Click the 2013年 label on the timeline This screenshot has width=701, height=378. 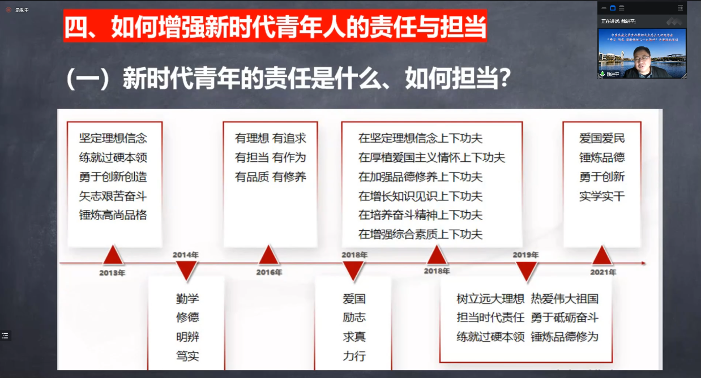[x=112, y=273]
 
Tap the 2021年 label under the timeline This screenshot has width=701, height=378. [x=603, y=272]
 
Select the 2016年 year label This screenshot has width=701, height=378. [x=269, y=272]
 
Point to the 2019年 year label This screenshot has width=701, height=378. [x=525, y=255]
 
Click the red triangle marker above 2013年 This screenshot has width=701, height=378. [x=113, y=256]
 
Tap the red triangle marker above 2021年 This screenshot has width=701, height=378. [x=602, y=256]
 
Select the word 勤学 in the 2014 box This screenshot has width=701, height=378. [x=187, y=299]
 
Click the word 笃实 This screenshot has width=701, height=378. [x=187, y=356]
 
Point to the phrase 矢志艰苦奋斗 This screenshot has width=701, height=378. [x=113, y=196]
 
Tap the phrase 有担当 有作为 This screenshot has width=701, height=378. [x=271, y=157]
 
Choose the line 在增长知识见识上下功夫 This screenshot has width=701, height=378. [x=420, y=196]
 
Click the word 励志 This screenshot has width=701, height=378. [x=354, y=317]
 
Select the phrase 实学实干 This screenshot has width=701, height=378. [x=602, y=196]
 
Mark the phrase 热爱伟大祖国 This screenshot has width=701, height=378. [x=565, y=299]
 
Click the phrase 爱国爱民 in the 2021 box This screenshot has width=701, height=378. [x=602, y=138]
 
